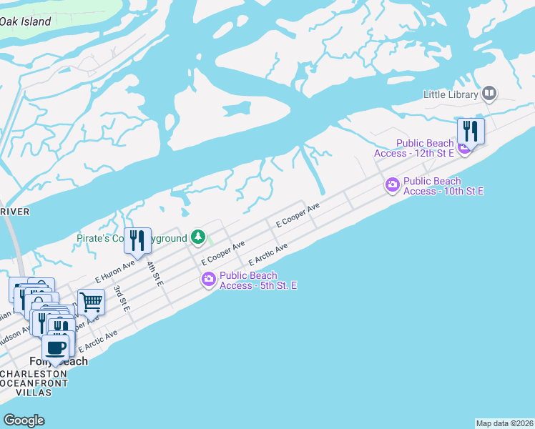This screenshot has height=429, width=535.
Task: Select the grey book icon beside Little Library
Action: click(489, 92)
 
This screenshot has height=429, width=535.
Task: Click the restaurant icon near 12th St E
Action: click(471, 131)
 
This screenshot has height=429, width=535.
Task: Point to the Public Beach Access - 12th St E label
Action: click(414, 148)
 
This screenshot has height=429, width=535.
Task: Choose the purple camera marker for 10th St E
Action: click(392, 185)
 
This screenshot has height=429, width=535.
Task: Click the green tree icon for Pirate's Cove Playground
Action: click(199, 237)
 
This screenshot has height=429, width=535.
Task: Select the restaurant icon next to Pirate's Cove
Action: click(137, 241)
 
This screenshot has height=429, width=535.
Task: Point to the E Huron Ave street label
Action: click(114, 271)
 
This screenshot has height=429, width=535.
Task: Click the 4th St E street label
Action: click(154, 274)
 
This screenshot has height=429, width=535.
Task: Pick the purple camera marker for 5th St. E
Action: click(209, 280)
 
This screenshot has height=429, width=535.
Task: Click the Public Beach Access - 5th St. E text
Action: click(257, 280)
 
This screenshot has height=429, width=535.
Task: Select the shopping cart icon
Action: click(92, 302)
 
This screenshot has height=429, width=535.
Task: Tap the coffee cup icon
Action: click(57, 348)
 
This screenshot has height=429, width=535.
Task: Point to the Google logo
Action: click(24, 420)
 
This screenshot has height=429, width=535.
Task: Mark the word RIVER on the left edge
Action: click(14, 212)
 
